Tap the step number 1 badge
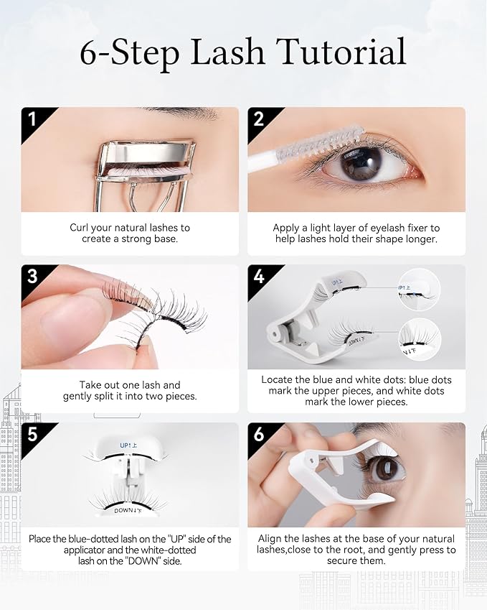click(31, 119)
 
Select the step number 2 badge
click(259, 119)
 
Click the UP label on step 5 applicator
click(130, 446)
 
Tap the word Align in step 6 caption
click(272, 538)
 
